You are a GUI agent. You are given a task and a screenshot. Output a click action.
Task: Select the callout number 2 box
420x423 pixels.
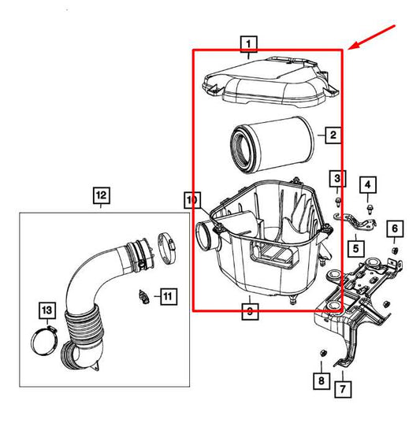point(333,136)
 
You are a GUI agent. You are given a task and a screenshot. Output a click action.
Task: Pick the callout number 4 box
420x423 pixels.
point(367,186)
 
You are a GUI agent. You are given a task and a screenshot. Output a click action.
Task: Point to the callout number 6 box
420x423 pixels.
point(396,229)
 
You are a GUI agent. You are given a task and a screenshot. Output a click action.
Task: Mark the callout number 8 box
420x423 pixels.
point(322,381)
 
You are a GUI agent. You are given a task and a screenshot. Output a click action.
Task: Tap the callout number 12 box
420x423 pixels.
point(102,194)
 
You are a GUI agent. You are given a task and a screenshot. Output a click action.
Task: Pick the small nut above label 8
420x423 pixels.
point(322,352)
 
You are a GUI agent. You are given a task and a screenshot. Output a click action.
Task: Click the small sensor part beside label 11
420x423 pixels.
point(145,298)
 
